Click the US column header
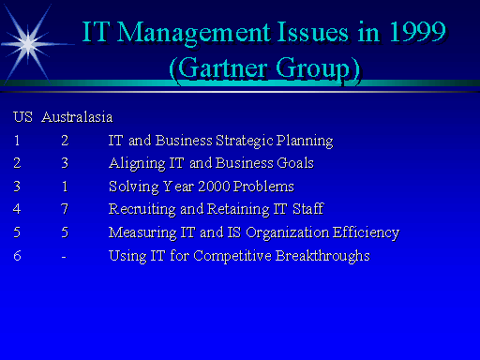point(22,118)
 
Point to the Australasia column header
point(77,118)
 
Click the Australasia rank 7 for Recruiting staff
point(65,209)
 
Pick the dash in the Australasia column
point(64,255)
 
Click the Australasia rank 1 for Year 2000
point(65,187)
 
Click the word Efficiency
point(368,232)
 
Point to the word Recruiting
point(140,209)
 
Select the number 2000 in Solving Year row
point(210,187)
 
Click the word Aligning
point(135,164)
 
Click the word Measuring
point(141,232)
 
